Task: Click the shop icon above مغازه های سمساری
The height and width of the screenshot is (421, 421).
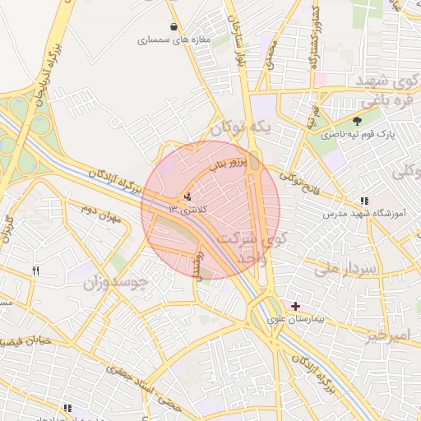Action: [x=172, y=26]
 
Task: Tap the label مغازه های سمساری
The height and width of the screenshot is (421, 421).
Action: [x=174, y=39]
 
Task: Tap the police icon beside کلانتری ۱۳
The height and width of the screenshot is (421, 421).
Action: [x=189, y=197]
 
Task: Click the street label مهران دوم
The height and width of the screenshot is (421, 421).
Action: [x=101, y=216]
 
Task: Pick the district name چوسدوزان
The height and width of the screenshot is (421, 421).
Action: [x=115, y=284]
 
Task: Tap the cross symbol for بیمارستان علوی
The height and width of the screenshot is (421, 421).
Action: [x=295, y=306]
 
